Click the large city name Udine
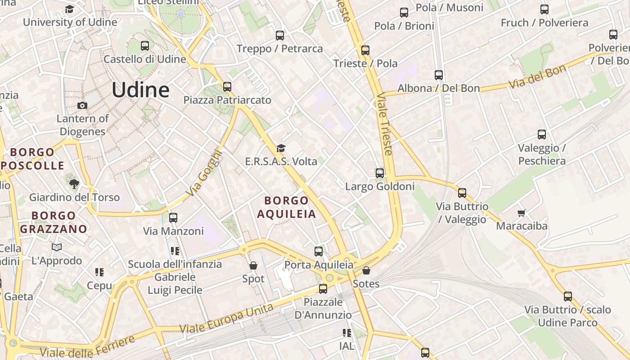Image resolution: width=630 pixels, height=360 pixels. click(x=140, y=90)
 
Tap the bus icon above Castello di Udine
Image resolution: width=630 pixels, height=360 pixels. click(x=144, y=45)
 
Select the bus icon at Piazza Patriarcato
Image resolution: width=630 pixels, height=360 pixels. click(x=227, y=86)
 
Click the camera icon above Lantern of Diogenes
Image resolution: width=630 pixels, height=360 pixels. click(x=82, y=105)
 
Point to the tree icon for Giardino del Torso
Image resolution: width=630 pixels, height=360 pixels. click(x=74, y=184)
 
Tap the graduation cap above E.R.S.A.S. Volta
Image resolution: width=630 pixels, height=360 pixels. click(x=281, y=148)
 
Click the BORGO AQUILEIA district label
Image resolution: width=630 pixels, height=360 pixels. click(x=287, y=207)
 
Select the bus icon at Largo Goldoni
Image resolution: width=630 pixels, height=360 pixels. click(x=380, y=173)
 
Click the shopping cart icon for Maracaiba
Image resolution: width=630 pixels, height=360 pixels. click(x=522, y=212)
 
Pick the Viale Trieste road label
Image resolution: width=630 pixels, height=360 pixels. click(x=385, y=124)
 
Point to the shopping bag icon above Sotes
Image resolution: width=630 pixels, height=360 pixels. click(x=366, y=270)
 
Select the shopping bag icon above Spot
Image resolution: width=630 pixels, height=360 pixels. click(x=253, y=265)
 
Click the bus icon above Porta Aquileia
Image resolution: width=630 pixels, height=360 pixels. click(x=319, y=251)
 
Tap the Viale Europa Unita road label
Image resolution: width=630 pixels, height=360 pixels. click(x=226, y=319)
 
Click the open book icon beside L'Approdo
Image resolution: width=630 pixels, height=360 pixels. click(x=57, y=247)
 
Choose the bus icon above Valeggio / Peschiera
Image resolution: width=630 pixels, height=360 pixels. click(x=542, y=134)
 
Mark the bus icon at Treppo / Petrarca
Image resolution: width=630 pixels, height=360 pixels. click(x=280, y=35)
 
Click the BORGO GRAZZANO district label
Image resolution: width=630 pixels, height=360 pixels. click(x=54, y=222)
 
